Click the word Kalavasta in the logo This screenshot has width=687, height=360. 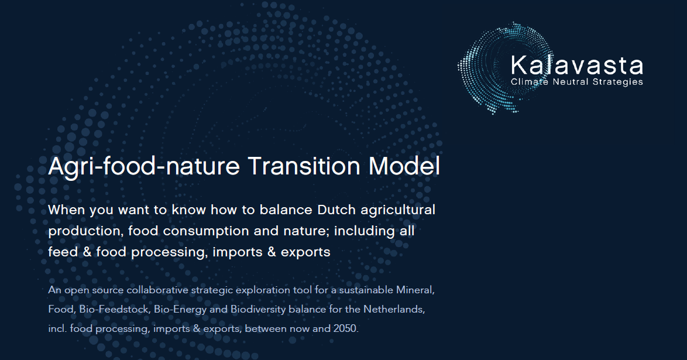[x=576, y=65]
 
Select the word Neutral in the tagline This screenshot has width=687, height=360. [x=571, y=81]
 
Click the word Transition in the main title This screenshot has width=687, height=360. [x=304, y=166]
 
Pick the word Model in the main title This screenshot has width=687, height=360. [x=404, y=166]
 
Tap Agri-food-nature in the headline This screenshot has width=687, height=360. [x=144, y=167]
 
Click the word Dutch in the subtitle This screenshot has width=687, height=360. [x=336, y=210]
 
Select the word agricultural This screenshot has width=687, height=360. [x=398, y=211]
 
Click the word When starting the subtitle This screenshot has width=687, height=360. [x=67, y=210]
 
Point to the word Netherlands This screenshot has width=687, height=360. [x=394, y=310]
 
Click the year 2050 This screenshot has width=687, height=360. [x=346, y=329]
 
